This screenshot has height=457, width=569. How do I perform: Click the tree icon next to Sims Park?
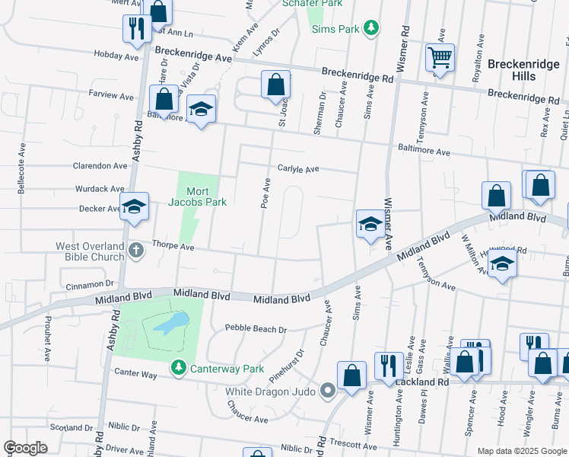click(x=370, y=28)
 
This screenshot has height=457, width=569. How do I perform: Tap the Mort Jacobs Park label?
click(x=197, y=197)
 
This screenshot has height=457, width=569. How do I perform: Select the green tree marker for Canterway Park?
click(x=178, y=368)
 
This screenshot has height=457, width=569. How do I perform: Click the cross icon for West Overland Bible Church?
click(x=135, y=251)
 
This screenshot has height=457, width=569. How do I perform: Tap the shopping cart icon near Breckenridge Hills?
click(x=440, y=57)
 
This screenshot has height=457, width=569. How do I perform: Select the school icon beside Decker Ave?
click(x=134, y=207)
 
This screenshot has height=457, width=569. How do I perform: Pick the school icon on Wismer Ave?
click(x=370, y=224)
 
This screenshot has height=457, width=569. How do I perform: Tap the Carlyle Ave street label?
click(x=297, y=169)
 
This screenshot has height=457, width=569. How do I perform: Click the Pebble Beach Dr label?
click(x=256, y=329)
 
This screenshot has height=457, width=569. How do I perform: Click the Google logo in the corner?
click(x=26, y=448)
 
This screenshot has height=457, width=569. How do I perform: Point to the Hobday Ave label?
click(x=116, y=56)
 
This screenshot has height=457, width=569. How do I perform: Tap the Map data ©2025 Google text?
click(x=521, y=451)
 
